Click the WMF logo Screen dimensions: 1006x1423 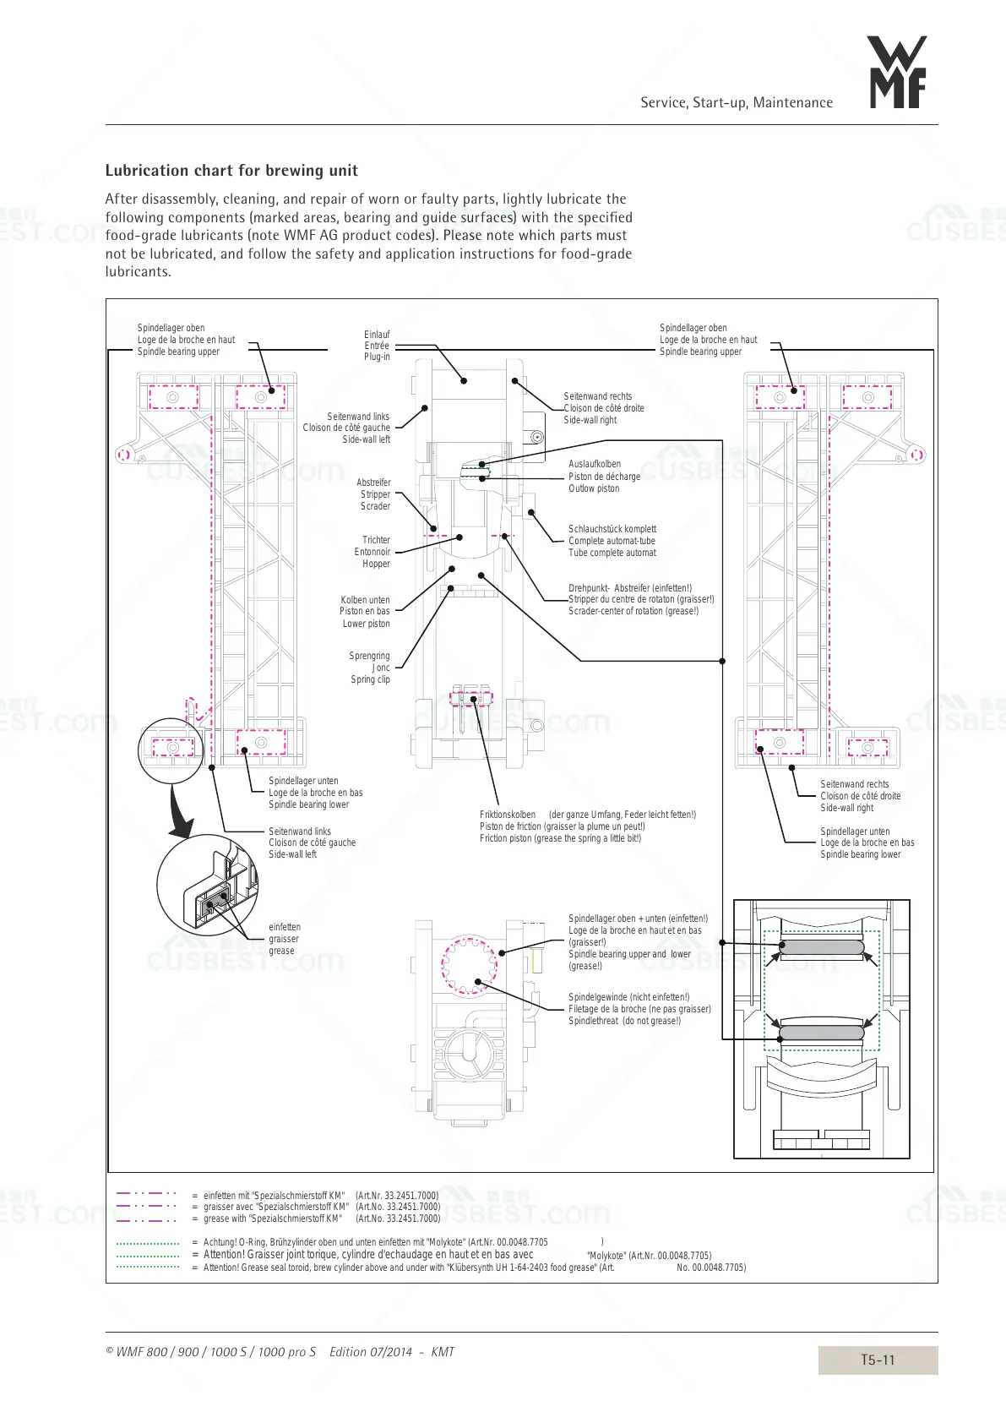coord(897,73)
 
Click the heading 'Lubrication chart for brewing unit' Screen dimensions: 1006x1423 coord(231,171)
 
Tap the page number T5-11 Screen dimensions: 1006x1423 coord(877,1360)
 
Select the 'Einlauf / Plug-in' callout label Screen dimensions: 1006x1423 coord(377,346)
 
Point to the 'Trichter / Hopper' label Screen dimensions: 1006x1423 coord(373,552)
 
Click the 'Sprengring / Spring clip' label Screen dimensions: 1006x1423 coord(370,668)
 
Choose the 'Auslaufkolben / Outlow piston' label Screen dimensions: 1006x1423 coord(604,477)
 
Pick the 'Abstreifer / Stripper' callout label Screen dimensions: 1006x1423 coord(374,494)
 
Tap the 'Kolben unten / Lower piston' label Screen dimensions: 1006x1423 coord(365,612)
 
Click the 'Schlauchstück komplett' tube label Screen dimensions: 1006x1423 coord(612,541)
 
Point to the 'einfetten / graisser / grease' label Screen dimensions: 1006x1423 coord(284,939)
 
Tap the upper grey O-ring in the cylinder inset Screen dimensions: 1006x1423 coord(821,947)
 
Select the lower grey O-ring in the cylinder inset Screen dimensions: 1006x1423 coord(821,1033)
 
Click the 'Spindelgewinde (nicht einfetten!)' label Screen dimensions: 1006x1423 coord(639,1009)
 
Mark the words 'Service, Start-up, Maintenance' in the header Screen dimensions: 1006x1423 coord(736,103)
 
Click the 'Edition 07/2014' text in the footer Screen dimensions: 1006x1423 coord(371,1352)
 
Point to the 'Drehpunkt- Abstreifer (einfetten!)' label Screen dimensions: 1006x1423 coord(640,600)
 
